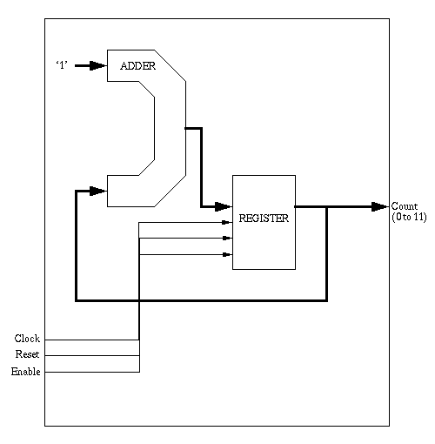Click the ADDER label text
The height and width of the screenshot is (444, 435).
(x=138, y=66)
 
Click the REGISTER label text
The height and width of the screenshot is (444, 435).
(x=264, y=219)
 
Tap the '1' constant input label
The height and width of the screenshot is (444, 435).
(x=62, y=65)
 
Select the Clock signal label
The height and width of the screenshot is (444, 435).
(x=27, y=339)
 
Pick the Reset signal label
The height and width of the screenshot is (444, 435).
(x=27, y=354)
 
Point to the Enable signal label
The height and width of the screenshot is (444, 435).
(x=26, y=372)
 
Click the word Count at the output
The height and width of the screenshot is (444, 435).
(x=405, y=206)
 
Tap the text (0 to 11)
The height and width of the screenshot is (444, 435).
(x=409, y=217)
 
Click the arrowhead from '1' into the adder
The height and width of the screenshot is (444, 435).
(x=98, y=65)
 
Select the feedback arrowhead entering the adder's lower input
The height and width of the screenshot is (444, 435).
(x=98, y=191)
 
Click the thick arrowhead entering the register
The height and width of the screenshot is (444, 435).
(x=224, y=206)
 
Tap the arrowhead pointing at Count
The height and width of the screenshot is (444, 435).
(x=380, y=206)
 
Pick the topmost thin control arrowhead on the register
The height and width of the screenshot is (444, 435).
(x=227, y=222)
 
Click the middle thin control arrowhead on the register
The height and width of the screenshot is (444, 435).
(x=227, y=238)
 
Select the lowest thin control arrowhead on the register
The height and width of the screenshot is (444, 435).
(x=227, y=254)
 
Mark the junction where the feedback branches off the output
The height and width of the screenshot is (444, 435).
(x=327, y=207)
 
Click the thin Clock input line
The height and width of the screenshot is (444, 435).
(x=92, y=340)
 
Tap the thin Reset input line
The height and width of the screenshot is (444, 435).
(x=92, y=355)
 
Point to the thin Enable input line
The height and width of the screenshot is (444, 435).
(x=92, y=372)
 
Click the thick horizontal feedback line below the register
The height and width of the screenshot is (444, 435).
(x=201, y=300)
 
